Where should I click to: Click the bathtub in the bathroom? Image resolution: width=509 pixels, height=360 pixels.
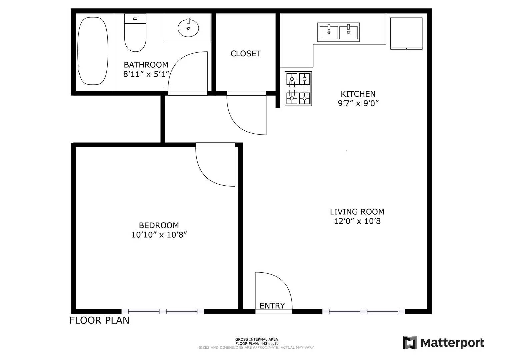click(93, 51)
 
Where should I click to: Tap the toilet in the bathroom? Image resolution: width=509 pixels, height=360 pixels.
click(135, 33)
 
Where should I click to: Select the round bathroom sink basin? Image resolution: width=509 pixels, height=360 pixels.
click(188, 28)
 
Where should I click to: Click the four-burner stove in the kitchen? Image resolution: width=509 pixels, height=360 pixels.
click(298, 89)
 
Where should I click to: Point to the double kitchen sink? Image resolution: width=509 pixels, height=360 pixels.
click(338, 32)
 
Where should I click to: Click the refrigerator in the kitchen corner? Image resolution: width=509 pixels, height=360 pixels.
click(406, 33)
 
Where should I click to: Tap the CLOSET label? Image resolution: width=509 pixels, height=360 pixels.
click(246, 54)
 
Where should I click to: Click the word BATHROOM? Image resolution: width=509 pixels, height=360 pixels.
click(146, 65)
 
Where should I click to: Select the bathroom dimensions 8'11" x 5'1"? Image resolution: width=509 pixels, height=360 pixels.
click(146, 74)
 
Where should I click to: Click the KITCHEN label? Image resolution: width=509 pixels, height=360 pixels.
click(358, 94)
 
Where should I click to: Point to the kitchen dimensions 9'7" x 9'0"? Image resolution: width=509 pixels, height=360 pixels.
click(358, 103)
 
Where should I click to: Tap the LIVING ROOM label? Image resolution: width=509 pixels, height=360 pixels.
click(357, 212)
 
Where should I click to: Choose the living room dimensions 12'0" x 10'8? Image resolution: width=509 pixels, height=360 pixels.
click(357, 221)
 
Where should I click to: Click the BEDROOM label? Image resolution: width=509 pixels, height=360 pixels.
click(159, 225)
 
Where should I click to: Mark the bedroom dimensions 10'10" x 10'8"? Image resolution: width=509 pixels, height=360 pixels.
click(159, 235)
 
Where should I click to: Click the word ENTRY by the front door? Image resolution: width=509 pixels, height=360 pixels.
click(272, 306)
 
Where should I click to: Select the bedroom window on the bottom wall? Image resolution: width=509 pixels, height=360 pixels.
click(163, 311)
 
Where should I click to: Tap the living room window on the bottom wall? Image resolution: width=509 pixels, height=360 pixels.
click(364, 311)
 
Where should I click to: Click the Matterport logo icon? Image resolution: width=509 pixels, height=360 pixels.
click(410, 343)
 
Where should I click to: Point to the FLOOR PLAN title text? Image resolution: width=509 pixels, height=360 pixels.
click(99, 320)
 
